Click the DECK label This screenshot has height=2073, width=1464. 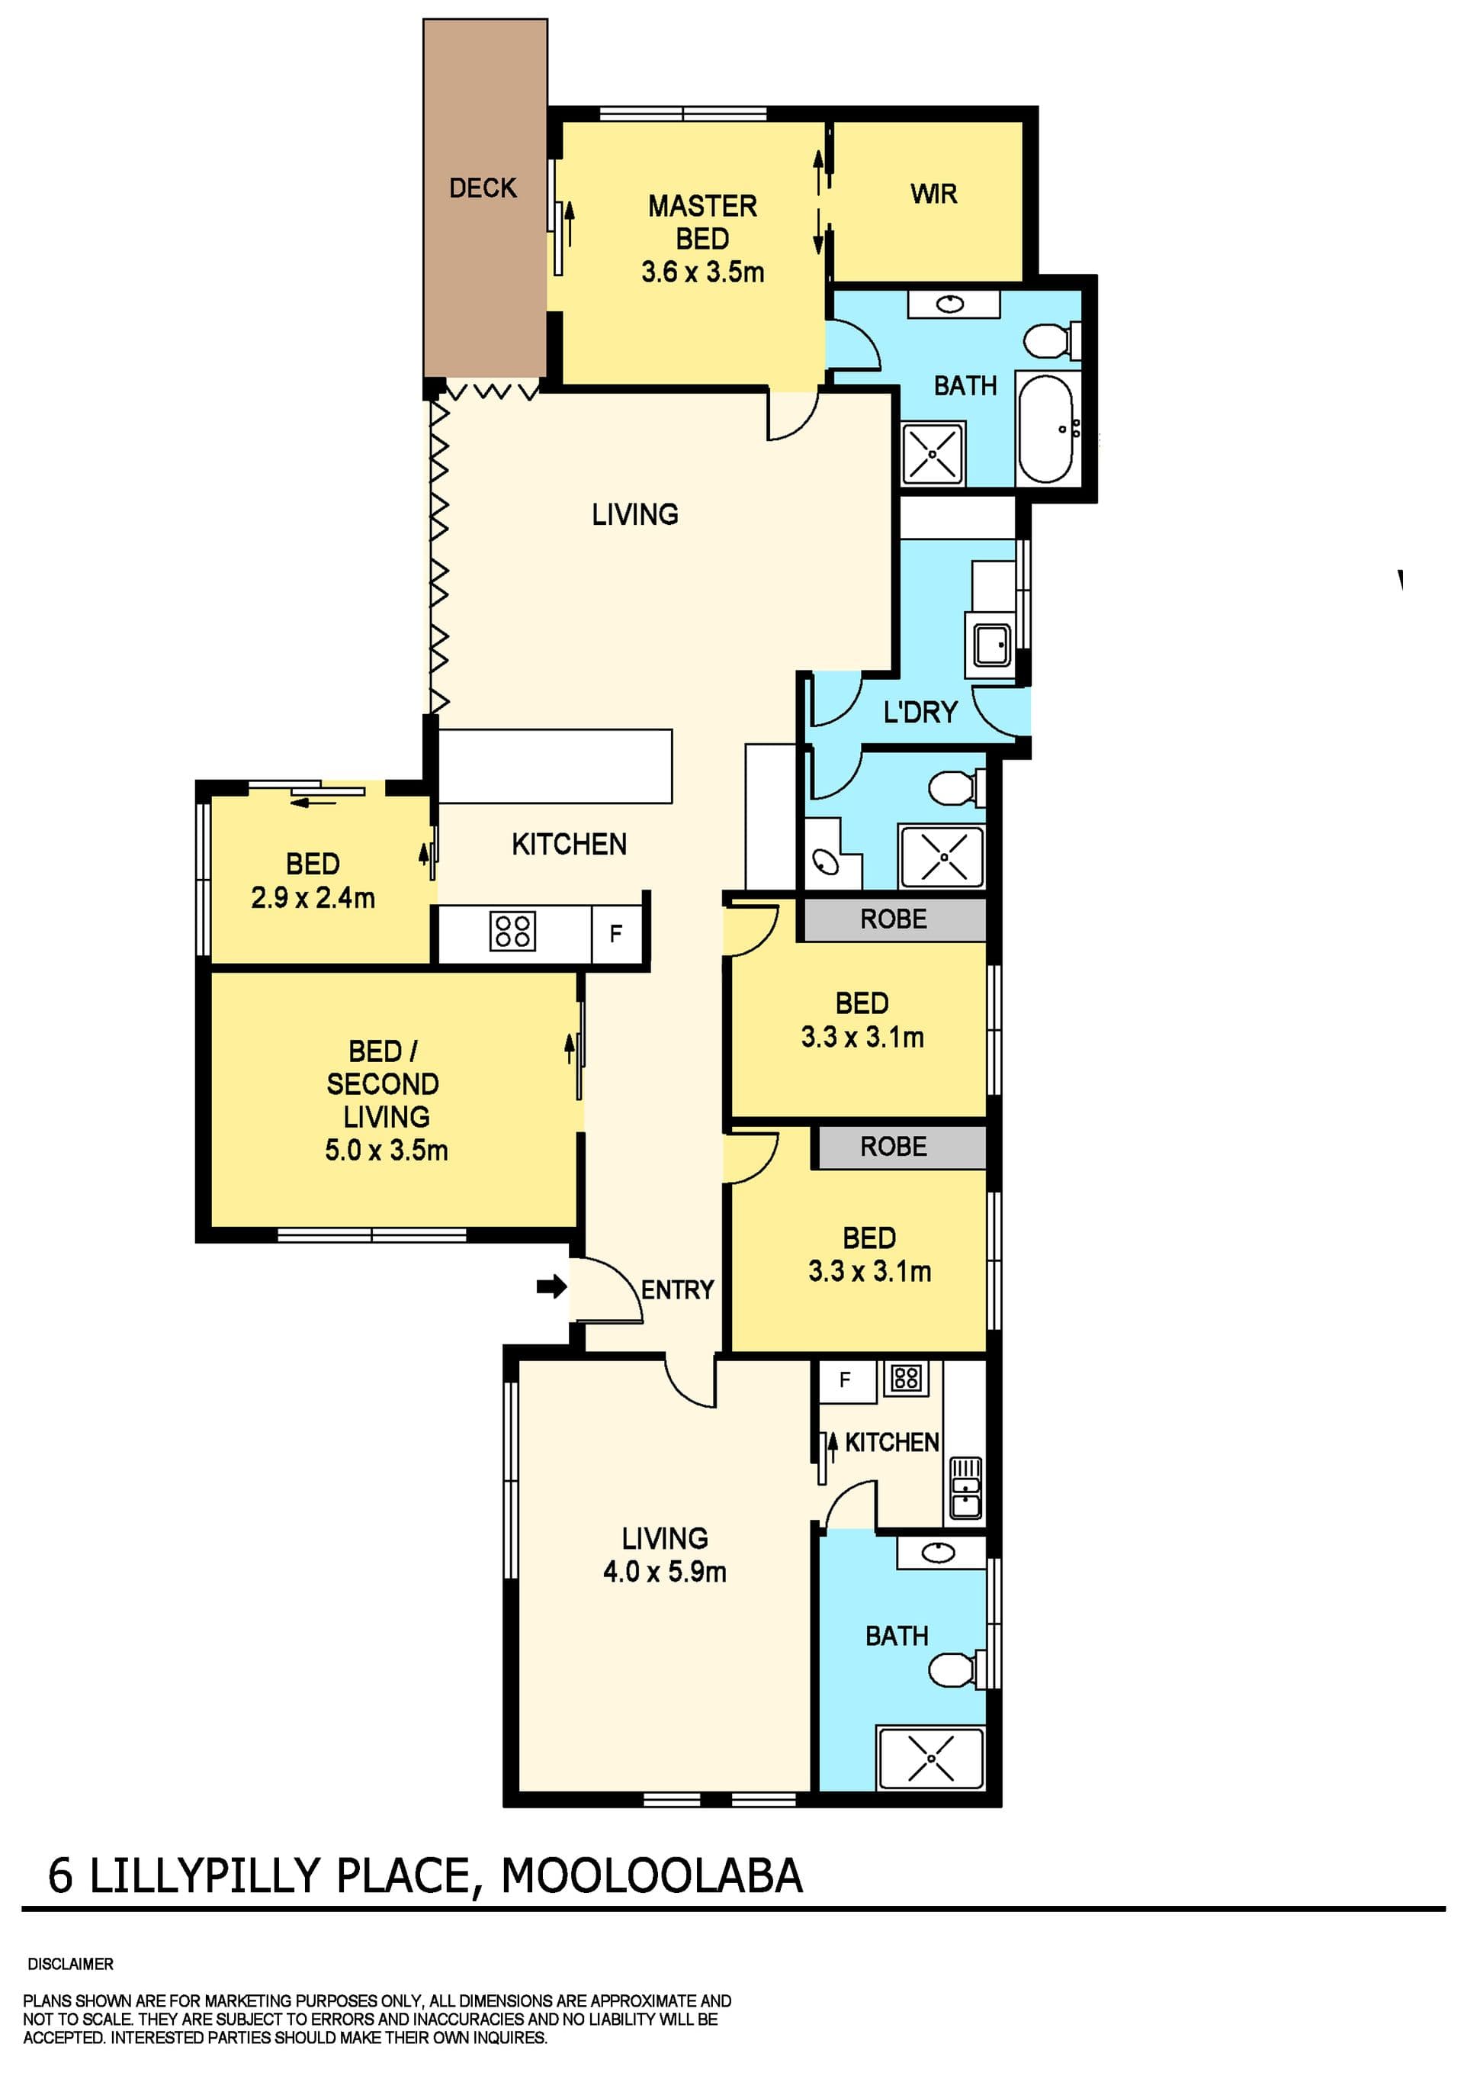483,188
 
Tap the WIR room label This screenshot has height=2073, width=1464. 933,193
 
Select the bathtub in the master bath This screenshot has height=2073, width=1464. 1046,429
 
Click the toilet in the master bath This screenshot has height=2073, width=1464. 1051,340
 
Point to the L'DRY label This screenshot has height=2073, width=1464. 920,713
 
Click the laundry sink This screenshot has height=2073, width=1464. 992,645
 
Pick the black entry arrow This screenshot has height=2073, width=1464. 551,1286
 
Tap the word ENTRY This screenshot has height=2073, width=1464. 677,1289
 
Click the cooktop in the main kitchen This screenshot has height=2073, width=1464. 512,931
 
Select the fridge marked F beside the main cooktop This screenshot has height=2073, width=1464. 616,934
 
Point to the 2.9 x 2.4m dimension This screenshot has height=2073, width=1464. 313,897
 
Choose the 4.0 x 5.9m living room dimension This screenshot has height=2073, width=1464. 664,1572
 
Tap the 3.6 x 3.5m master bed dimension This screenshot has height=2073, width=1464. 702,272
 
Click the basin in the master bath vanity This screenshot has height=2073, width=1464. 949,304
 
